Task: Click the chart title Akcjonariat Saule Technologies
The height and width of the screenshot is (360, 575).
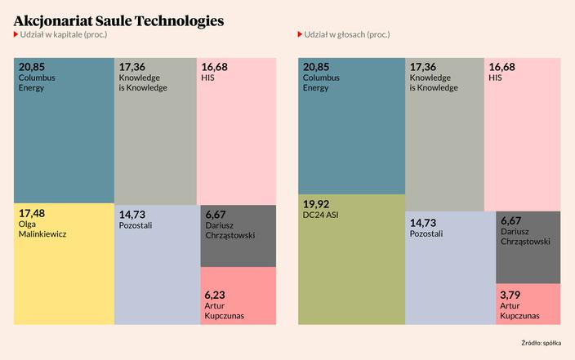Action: [x=118, y=20]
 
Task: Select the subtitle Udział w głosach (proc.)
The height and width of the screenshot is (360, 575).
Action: [x=346, y=36]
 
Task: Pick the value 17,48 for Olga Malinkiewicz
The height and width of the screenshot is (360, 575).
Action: [x=32, y=214]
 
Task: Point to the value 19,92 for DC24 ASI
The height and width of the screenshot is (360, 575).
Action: [x=316, y=204]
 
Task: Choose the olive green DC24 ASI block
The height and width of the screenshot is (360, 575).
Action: [x=351, y=269]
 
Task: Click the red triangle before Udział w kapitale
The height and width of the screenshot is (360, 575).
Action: [x=16, y=36]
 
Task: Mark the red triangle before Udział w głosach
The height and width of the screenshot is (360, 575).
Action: [x=301, y=36]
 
